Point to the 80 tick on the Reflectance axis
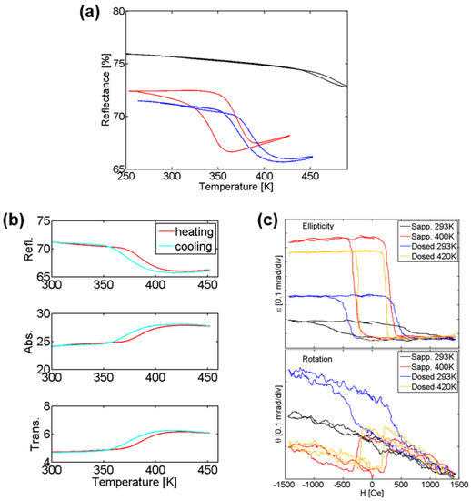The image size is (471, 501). pyautogui.click(x=117, y=12)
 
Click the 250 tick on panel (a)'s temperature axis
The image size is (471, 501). pyautogui.click(x=128, y=200)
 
